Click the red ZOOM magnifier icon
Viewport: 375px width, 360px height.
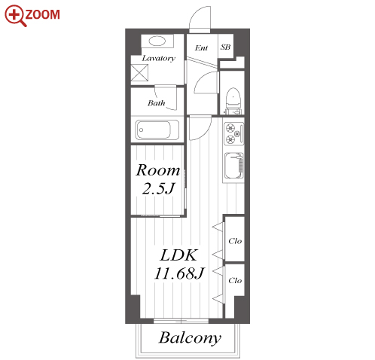point(15,16)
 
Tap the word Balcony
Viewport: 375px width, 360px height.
point(190,338)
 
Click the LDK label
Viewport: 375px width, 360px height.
point(178,255)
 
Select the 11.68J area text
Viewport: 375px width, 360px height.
point(179,273)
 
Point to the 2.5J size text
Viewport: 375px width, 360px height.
point(158,188)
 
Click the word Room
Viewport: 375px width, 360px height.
point(158,170)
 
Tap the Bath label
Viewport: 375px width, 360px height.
point(156,103)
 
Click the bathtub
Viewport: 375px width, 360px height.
point(157,130)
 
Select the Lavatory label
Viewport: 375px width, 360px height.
point(158,58)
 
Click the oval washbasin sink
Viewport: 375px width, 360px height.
point(157,41)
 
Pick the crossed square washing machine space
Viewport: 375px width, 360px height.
point(139,72)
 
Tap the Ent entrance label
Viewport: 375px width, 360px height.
point(201,47)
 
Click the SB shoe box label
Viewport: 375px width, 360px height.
point(225,47)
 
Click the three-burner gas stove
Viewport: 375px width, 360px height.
point(233,133)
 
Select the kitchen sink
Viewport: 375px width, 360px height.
point(233,166)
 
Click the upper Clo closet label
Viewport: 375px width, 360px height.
point(235,241)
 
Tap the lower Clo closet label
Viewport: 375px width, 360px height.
point(235,280)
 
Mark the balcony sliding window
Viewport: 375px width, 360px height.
point(181,321)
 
